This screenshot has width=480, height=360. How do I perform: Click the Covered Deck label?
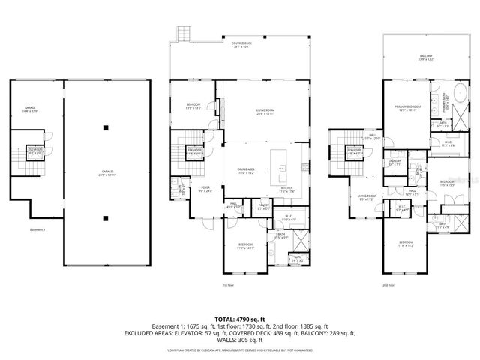241,45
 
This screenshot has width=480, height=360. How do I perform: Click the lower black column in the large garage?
105,219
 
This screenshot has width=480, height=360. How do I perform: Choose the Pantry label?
263,206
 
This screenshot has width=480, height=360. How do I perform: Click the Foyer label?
205,190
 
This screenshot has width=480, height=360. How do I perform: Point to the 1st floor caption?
228,286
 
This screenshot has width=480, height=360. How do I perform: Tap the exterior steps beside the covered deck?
182,34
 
